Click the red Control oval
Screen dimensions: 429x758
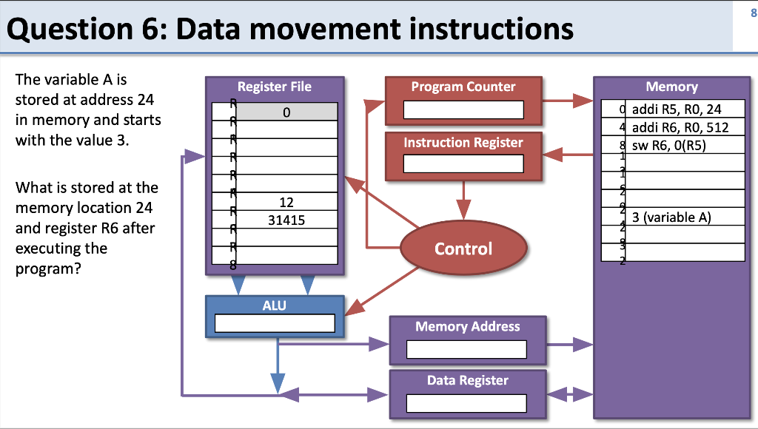[x=463, y=249]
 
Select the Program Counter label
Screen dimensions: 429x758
[x=463, y=87]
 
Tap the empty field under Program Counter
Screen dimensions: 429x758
[x=463, y=110]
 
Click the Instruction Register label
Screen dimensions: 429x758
[x=463, y=142]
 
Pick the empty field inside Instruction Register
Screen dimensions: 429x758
[x=463, y=164]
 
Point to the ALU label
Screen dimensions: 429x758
[x=274, y=305]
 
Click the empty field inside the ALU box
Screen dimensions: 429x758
[x=275, y=323]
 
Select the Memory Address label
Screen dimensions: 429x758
[x=467, y=326]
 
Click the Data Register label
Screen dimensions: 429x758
[x=467, y=380]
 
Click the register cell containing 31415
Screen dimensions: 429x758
[x=286, y=220]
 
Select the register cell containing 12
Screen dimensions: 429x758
[x=286, y=203]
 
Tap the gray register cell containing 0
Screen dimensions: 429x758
[x=286, y=112]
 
